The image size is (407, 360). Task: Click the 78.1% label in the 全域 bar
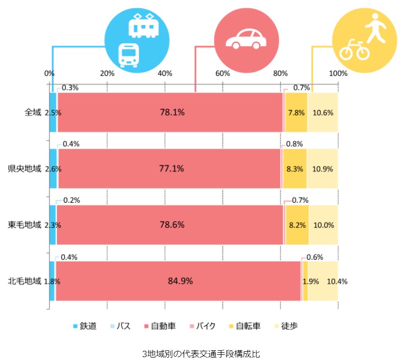click(172, 112)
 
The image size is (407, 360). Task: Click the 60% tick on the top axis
click(222, 73)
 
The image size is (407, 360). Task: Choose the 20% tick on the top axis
click(107, 73)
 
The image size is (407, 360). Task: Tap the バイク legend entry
click(205, 326)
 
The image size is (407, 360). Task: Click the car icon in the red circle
click(246, 39)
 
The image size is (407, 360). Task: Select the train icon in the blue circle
click(144, 26)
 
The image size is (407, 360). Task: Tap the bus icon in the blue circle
click(128, 55)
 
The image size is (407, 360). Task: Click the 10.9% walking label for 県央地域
click(322, 169)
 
